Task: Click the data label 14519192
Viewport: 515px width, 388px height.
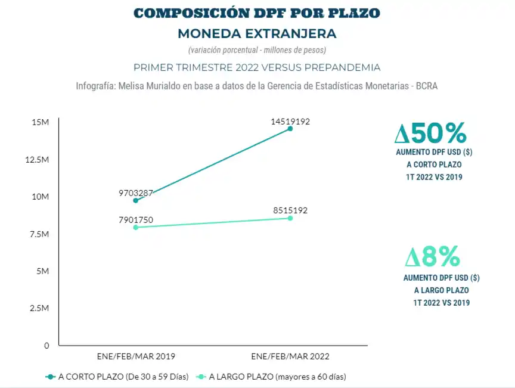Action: [290, 122]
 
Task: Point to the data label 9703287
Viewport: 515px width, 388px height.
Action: [136, 193]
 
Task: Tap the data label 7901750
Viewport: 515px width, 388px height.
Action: [136, 220]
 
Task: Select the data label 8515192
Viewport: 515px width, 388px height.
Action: [290, 210]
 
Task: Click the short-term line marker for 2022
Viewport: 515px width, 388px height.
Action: [290, 128]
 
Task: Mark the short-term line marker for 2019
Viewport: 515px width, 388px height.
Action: [136, 200]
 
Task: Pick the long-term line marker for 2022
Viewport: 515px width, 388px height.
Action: [290, 218]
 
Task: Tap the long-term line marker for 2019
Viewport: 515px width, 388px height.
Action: [136, 227]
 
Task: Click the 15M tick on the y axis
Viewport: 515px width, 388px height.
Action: [41, 122]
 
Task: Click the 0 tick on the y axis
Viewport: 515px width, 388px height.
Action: [46, 345]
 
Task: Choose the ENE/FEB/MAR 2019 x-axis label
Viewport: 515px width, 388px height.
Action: [136, 356]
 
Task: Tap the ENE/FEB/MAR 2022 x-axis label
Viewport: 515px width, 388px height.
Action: [290, 356]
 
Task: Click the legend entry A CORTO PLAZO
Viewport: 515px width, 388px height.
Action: [117, 377]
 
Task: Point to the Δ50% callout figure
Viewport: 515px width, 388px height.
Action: [430, 133]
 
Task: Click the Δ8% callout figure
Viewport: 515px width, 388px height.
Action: [433, 257]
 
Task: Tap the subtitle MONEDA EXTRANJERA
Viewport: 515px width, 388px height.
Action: [257, 33]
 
